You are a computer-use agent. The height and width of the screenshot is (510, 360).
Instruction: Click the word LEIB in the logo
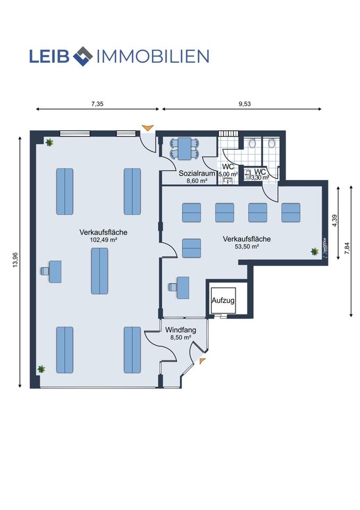(49, 56)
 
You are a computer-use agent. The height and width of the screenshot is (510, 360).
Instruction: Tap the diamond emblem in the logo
(83, 56)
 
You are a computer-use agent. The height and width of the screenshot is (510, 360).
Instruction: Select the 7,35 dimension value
(97, 104)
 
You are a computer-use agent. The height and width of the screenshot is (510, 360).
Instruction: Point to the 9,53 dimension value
(245, 104)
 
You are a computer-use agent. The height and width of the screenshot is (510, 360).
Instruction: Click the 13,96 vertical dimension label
(15, 260)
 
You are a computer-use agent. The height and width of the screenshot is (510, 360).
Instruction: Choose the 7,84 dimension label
(347, 249)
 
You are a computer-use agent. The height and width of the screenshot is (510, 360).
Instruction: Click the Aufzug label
(223, 300)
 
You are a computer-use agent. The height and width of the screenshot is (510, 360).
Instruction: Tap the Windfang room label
(181, 330)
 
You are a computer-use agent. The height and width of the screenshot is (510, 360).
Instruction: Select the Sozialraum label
(197, 173)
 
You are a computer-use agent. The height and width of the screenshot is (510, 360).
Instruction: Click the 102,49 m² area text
(103, 240)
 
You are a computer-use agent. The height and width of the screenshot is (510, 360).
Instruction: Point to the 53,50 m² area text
(246, 246)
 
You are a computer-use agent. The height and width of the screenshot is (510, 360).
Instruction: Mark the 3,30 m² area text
(260, 177)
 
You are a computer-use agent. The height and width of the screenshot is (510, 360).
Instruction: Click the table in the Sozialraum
(185, 149)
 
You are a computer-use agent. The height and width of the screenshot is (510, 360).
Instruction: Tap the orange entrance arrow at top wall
(148, 127)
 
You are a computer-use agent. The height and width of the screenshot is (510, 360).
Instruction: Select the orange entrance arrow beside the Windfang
(202, 360)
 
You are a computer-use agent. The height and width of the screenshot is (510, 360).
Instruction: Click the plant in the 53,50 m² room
(314, 251)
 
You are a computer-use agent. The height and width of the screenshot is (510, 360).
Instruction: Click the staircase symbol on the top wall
(228, 133)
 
